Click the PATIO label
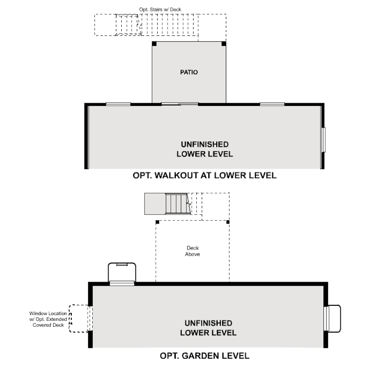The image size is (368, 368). pyautogui.click(x=189, y=72)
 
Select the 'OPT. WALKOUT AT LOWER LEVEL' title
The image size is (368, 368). pyautogui.click(x=204, y=175)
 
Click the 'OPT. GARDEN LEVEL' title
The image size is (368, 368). pyautogui.click(x=204, y=355)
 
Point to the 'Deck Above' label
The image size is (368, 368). pyautogui.click(x=192, y=251)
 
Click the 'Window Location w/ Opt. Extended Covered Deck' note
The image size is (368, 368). pyautogui.click(x=48, y=319)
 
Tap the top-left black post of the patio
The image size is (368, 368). pyautogui.click(x=154, y=44)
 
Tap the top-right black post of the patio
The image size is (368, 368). pyautogui.click(x=224, y=44)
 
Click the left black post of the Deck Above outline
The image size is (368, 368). pyautogui.click(x=157, y=222)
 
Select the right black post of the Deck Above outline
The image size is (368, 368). pyautogui.click(x=228, y=222)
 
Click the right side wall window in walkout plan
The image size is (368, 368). pyautogui.click(x=324, y=140)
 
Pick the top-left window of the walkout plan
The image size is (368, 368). pyautogui.click(x=118, y=104)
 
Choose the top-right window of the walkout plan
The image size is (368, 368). pyautogui.click(x=272, y=104)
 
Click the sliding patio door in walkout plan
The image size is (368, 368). pyautogui.click(x=180, y=104)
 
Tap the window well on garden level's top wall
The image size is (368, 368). pyautogui.click(x=122, y=273)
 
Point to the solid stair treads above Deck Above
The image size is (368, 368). pyautogui.click(x=176, y=204)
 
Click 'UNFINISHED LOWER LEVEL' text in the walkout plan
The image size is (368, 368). pyautogui.click(x=204, y=149)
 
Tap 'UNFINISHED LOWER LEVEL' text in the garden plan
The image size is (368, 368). pyautogui.click(x=208, y=328)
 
